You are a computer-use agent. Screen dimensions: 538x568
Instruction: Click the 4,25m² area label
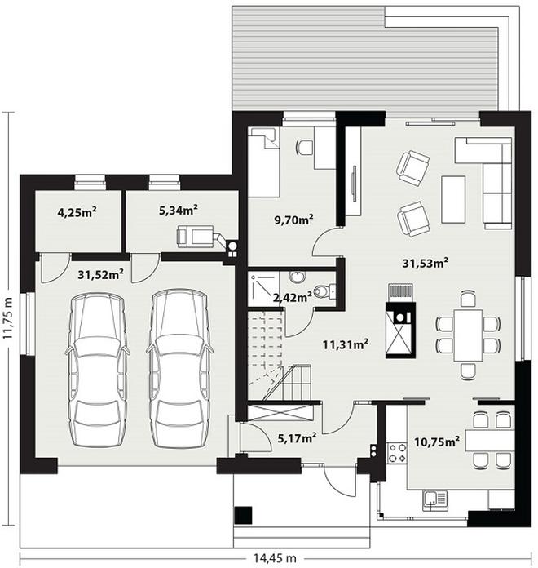pyautogui.click(x=77, y=211)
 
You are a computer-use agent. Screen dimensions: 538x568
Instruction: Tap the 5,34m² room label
pyautogui.click(x=179, y=210)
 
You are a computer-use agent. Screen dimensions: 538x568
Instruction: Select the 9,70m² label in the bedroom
pyautogui.click(x=293, y=220)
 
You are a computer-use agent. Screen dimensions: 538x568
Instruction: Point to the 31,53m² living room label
pyautogui.click(x=426, y=263)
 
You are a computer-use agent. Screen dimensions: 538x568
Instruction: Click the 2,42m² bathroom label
pyautogui.click(x=293, y=298)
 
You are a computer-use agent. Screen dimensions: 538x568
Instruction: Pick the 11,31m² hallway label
pyautogui.click(x=346, y=344)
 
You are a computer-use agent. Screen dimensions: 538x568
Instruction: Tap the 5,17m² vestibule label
pyautogui.click(x=297, y=438)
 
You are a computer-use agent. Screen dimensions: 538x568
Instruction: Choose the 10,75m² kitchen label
pyautogui.click(x=437, y=442)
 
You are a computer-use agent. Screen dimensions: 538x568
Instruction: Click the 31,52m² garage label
pyautogui.click(x=100, y=274)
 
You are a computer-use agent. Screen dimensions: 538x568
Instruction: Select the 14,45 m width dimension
pyautogui.click(x=274, y=558)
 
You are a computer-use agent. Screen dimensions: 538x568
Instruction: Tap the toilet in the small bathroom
pyautogui.click(x=324, y=291)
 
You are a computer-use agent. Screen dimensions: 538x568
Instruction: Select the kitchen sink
pyautogui.click(x=434, y=500)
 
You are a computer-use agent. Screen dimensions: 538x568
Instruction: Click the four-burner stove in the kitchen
pyautogui.click(x=397, y=453)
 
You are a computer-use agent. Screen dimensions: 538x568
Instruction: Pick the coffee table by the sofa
pyautogui.click(x=453, y=199)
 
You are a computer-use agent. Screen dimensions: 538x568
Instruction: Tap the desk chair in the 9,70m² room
pyautogui.click(x=305, y=147)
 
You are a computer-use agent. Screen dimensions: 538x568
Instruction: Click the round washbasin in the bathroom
pyautogui.click(x=298, y=277)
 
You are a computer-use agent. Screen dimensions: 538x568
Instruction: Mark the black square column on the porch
pyautogui.click(x=243, y=515)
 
